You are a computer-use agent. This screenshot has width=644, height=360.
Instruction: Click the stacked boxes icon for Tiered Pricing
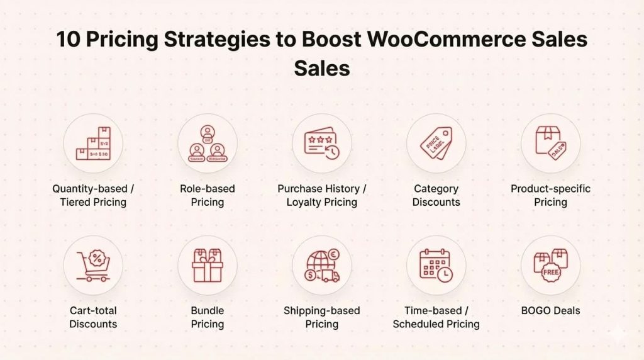click(93, 143)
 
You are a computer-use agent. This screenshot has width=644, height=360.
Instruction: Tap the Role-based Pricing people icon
click(208, 143)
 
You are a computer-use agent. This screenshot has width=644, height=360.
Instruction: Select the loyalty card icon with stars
click(322, 143)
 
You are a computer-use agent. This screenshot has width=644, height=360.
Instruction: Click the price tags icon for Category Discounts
click(436, 143)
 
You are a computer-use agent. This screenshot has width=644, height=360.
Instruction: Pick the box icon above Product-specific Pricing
click(550, 143)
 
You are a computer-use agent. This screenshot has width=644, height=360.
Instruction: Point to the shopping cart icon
click(93, 265)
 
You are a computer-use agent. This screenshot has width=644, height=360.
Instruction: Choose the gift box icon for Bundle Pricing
click(208, 265)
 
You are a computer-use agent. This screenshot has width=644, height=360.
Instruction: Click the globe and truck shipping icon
click(322, 265)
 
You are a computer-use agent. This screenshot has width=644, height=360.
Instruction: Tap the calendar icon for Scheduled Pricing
click(436, 265)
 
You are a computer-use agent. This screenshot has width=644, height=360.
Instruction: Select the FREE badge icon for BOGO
click(550, 265)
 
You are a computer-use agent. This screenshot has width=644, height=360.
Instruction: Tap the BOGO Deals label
click(550, 310)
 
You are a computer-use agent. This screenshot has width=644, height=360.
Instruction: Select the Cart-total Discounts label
click(93, 317)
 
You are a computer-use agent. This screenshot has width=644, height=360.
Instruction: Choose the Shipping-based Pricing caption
click(322, 317)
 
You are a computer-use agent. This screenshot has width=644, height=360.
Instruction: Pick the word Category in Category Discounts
click(436, 189)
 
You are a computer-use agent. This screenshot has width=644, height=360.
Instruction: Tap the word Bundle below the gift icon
click(208, 310)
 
